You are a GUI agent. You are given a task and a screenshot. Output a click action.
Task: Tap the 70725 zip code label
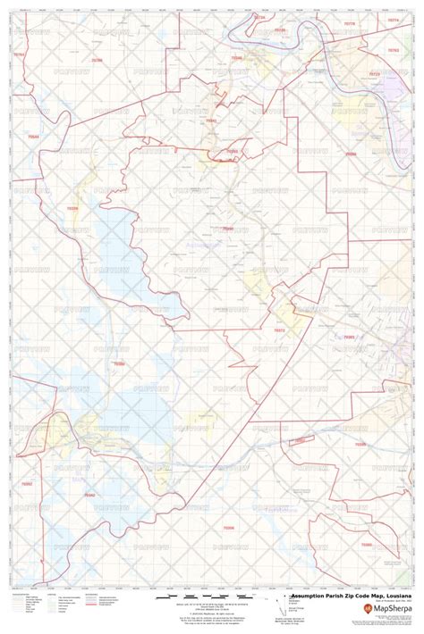click(x=279, y=29)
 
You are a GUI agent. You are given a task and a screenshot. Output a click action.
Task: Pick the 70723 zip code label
click(x=373, y=76)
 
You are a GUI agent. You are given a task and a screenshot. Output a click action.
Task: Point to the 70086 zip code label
click(x=351, y=154)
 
